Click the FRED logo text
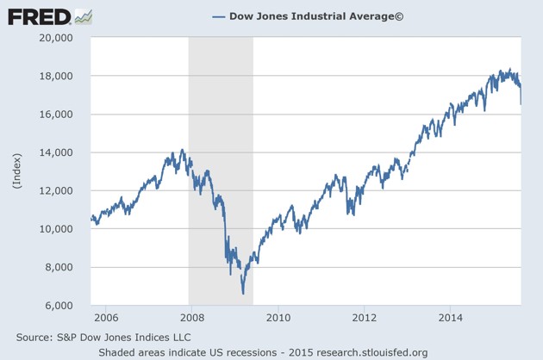click(x=39, y=16)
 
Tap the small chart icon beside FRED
click(x=84, y=16)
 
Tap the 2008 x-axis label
click(x=190, y=317)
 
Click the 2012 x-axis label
click(x=365, y=317)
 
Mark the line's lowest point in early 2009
click(x=243, y=293)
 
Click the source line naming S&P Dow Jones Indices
click(x=103, y=337)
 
